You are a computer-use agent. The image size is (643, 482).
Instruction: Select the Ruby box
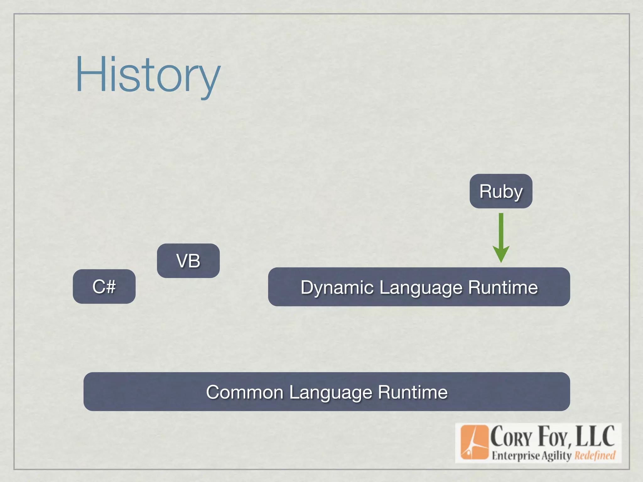tap(501, 191)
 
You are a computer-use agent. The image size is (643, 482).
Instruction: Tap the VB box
tap(188, 261)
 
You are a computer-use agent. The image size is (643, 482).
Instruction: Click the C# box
tap(104, 287)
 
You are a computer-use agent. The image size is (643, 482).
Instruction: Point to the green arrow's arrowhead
tap(501, 254)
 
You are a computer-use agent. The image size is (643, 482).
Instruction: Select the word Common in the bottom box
tap(245, 392)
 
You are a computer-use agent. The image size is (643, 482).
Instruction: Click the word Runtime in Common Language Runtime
tap(413, 392)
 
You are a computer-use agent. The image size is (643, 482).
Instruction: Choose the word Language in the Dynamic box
tap(421, 287)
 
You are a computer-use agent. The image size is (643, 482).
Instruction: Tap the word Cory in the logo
tap(511, 437)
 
